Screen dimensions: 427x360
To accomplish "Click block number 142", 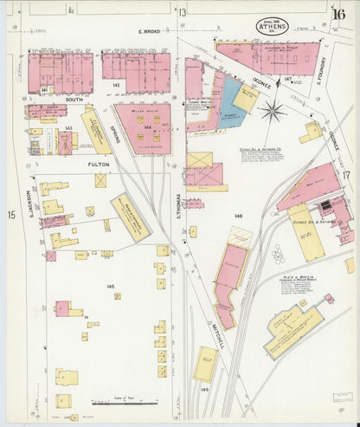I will [115, 86].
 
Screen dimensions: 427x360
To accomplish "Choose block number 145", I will [110, 286].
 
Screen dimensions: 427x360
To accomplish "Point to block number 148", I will [237, 215].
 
